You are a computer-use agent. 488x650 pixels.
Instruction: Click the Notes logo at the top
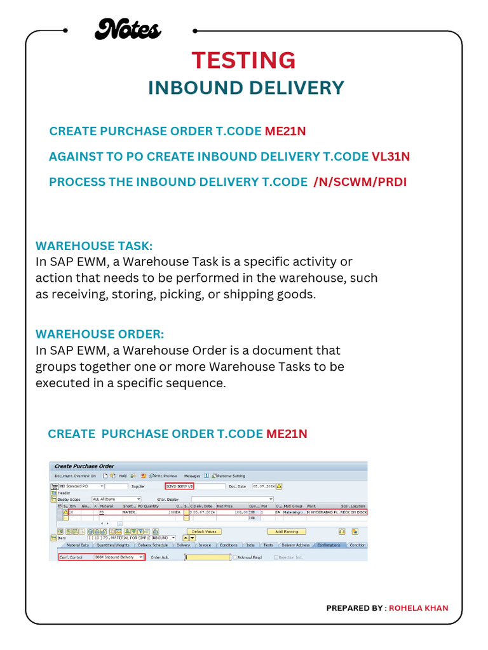pos(127,29)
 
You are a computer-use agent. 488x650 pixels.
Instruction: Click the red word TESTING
pos(244,60)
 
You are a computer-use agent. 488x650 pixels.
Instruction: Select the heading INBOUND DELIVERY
pos(246,88)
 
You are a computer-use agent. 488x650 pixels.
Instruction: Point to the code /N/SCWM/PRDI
pos(360,182)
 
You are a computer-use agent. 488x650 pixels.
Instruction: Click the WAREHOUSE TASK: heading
pos(95,246)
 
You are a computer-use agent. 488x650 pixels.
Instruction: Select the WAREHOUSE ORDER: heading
pos(100,334)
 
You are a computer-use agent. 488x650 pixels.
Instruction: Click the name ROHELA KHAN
pos(418,608)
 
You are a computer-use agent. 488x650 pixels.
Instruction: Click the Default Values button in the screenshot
pos(204,531)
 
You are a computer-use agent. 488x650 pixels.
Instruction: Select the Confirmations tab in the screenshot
pos(329,545)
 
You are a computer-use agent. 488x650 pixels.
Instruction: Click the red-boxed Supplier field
pos(179,486)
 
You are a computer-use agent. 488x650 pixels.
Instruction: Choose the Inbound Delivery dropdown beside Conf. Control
pos(119,557)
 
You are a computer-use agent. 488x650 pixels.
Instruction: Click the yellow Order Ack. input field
pos(208,557)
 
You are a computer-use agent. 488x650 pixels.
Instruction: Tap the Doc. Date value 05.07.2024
pos(263,486)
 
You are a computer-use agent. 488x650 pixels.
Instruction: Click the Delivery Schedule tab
pos(152,545)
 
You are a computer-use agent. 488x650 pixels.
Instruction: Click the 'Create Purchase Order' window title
pos(85,467)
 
